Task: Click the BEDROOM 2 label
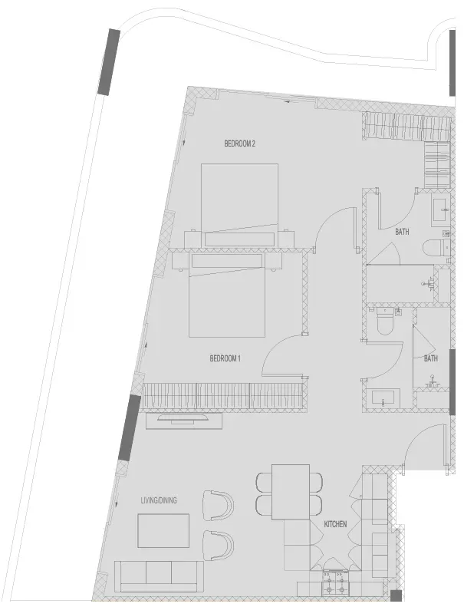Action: point(239,144)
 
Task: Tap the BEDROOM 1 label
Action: point(225,358)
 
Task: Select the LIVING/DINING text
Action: point(159,500)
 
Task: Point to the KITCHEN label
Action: point(335,524)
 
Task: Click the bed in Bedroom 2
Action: point(239,205)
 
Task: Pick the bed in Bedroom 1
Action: point(227,294)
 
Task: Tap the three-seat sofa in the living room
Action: point(159,577)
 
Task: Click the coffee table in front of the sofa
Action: point(163,531)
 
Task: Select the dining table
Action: point(291,492)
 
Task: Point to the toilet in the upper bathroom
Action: point(436,248)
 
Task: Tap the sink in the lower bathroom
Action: point(383,398)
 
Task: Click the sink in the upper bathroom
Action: point(440,210)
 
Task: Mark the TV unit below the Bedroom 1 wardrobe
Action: point(184,421)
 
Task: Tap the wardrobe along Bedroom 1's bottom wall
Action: point(223,396)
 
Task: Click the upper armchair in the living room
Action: point(219,506)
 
